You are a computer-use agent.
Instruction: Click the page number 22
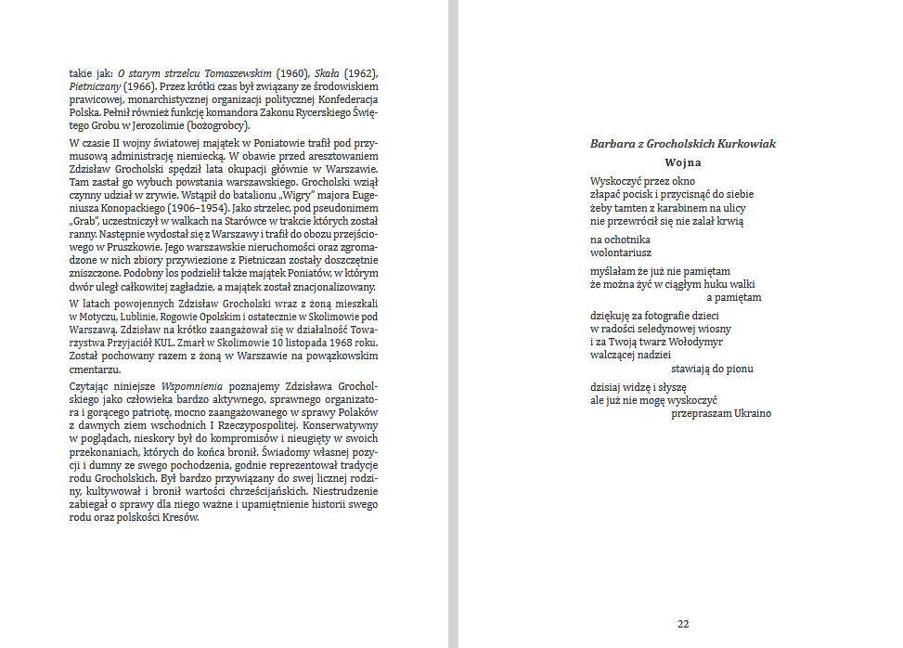click(683, 624)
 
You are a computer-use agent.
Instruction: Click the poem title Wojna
click(682, 162)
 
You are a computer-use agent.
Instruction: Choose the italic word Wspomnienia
click(191, 385)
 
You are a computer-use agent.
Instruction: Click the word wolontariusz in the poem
click(621, 252)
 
